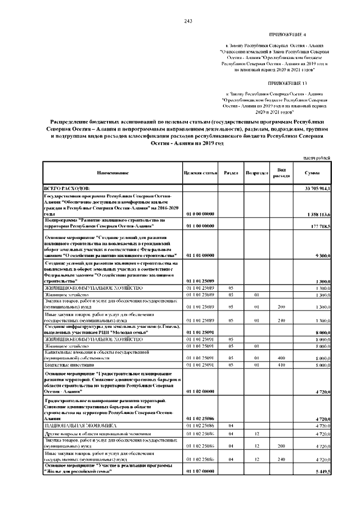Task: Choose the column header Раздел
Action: [230, 173]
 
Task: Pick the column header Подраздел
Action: [256, 173]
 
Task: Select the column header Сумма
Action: [312, 173]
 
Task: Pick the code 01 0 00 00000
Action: [199, 214]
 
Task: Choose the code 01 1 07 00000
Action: [199, 471]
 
